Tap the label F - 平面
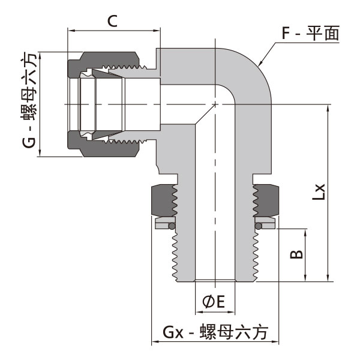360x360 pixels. click(311, 33)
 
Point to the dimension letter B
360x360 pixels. click(296, 254)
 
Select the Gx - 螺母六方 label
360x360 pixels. click(214, 331)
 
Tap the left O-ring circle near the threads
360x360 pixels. click(171, 226)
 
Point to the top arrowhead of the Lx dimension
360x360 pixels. click(328, 107)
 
